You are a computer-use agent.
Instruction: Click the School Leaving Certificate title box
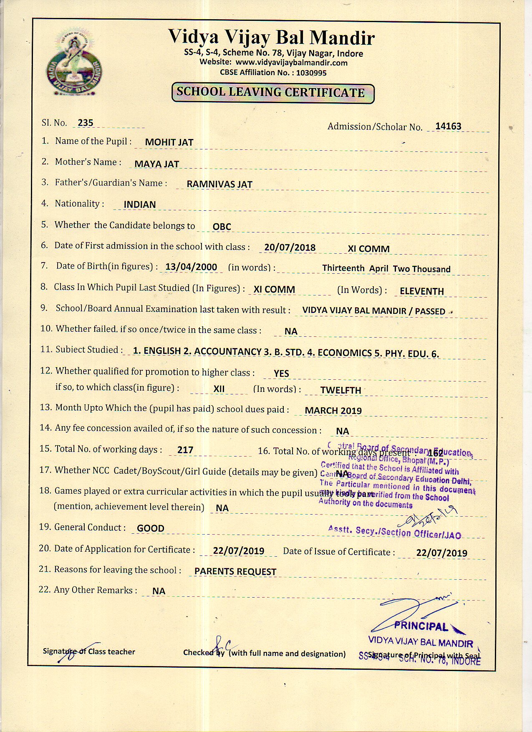click(x=273, y=93)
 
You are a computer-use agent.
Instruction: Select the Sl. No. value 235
click(x=86, y=123)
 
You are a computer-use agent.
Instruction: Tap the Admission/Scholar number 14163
click(x=448, y=126)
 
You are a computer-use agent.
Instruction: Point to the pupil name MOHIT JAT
click(x=169, y=142)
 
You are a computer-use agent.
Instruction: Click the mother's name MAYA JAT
click(x=156, y=164)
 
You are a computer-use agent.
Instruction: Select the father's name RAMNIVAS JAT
click(x=219, y=184)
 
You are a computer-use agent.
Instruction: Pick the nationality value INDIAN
click(x=140, y=204)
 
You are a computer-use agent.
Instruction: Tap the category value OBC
click(x=222, y=227)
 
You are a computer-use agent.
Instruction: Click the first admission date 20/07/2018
click(x=290, y=247)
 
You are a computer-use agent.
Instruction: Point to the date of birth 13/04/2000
click(x=191, y=267)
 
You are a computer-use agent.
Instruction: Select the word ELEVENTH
click(x=421, y=291)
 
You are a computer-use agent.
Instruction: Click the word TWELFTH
click(x=340, y=390)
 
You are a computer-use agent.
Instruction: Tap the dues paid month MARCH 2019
click(x=333, y=411)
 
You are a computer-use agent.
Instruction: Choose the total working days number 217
click(x=185, y=450)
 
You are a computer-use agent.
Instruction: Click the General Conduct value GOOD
click(x=151, y=528)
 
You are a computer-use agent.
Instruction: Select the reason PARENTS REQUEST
click(x=235, y=572)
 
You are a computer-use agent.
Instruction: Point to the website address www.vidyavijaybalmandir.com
click(x=291, y=63)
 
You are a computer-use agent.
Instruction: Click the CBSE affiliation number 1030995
click(x=311, y=73)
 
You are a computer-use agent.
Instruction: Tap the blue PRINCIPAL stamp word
click(x=421, y=626)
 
